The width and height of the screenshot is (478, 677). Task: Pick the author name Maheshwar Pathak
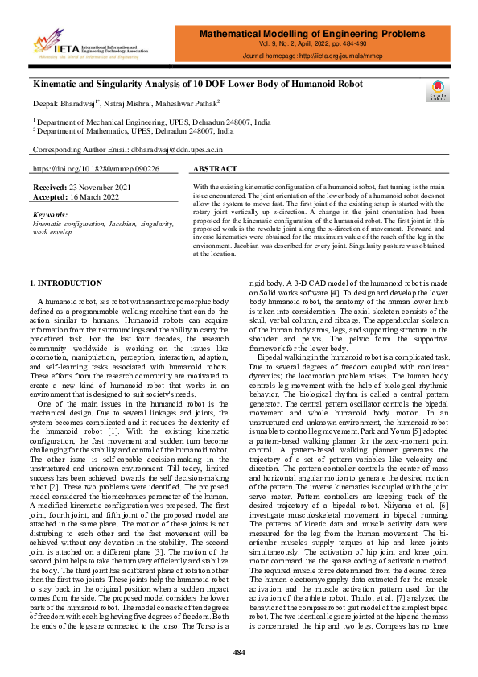click(x=192, y=103)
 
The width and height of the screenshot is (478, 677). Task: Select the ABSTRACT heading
click(x=216, y=169)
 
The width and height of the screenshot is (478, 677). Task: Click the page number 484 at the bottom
click(x=239, y=652)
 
